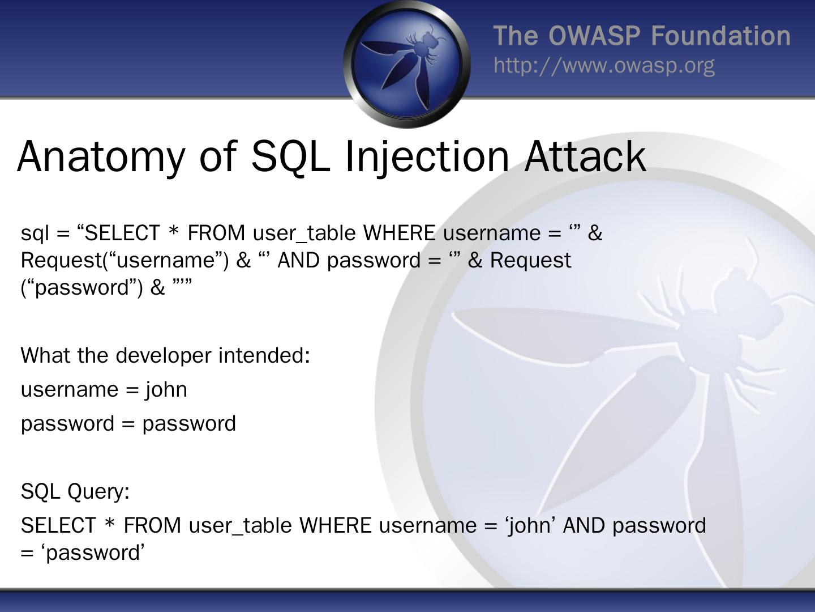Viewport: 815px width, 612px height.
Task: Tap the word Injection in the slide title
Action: click(x=427, y=157)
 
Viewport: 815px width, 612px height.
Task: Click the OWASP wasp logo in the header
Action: click(x=407, y=63)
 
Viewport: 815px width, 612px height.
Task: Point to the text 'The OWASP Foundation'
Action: click(x=642, y=36)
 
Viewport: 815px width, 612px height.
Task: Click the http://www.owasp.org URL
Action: click(x=604, y=66)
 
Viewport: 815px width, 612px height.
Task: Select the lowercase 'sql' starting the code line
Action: click(x=35, y=233)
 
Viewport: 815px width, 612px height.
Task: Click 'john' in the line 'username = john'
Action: click(x=166, y=390)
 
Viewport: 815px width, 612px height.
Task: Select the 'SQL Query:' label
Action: click(x=75, y=491)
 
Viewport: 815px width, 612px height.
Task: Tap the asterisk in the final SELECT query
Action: click(x=110, y=524)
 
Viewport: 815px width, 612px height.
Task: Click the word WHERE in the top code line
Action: click(x=399, y=233)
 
